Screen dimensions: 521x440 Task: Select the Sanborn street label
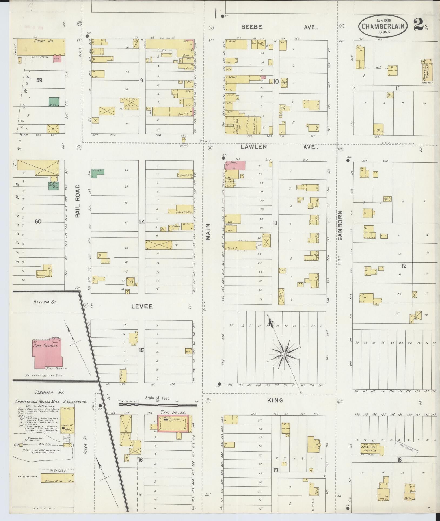click(340, 225)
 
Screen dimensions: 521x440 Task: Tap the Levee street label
click(142, 306)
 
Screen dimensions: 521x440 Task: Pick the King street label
click(275, 400)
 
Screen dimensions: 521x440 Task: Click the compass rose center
click(284, 354)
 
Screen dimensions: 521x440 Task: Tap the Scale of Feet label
click(157, 398)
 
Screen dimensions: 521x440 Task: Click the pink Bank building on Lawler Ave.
click(235, 165)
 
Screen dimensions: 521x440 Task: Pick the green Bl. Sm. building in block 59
click(54, 102)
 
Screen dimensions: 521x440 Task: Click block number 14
click(142, 222)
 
